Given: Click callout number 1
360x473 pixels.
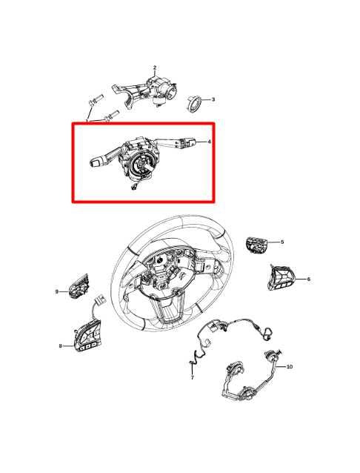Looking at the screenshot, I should pos(87,120).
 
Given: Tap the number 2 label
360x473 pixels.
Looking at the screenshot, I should pos(155,68).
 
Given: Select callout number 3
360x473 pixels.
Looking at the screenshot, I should pos(213,99).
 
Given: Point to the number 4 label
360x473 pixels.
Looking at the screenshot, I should pos(209,142).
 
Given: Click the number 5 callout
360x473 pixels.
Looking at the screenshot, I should pos(282,242).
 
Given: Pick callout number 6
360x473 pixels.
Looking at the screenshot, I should pos(309,279).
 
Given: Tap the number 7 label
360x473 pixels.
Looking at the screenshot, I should pos(192,377).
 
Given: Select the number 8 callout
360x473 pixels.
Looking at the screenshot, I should pos(60,345).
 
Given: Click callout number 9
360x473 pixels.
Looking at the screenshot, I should pos(56,291).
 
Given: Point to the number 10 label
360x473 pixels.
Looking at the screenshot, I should pos(289,366).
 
